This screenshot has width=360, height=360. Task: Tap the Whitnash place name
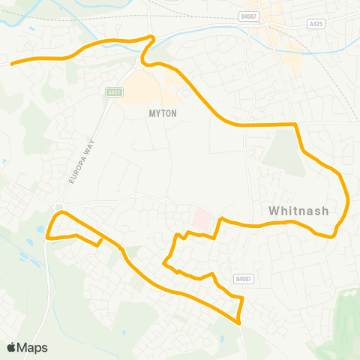[x=298, y=211]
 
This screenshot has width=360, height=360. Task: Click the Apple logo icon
[x=12, y=347]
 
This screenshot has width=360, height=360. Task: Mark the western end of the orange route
[x=12, y=64]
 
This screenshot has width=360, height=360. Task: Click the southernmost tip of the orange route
[x=239, y=322]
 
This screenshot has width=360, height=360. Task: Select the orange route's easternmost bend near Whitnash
[x=349, y=201]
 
